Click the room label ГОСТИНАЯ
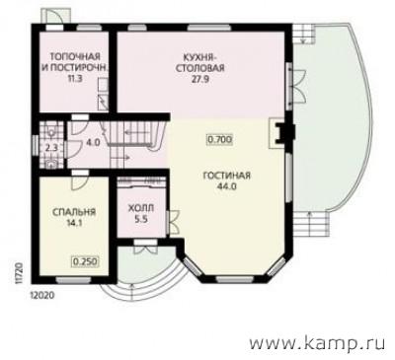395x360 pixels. pos(226,176)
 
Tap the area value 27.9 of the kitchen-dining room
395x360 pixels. pos(200,80)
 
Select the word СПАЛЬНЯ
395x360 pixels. pos(74,212)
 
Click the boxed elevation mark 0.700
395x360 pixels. pos(219,139)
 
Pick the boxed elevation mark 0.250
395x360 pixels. pos(86,262)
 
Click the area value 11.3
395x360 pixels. pos(74,79)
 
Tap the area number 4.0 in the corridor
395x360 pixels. pos(93,143)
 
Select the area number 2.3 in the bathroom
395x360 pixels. pos(51,148)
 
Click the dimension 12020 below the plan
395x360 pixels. pos(40,295)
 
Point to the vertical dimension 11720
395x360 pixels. pos(19,272)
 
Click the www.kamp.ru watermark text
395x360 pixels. pos(317,343)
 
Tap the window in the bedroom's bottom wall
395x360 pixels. pos(73,280)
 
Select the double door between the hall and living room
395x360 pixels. pos(172,222)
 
